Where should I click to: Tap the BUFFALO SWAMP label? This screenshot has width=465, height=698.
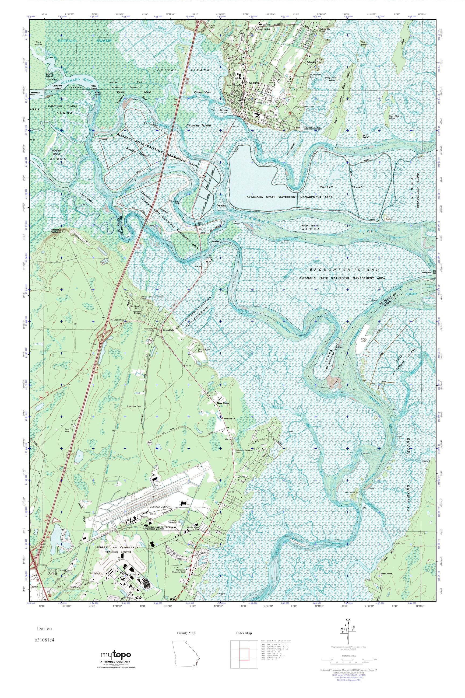click(x=84, y=41)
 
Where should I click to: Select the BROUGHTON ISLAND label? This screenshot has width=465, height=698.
click(x=344, y=270)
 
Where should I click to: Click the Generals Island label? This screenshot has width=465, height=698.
click(x=199, y=125)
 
